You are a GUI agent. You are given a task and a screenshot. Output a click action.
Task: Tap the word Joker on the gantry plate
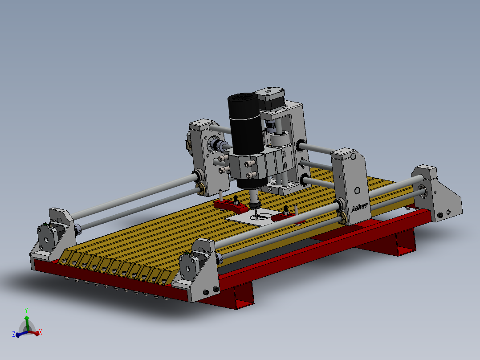[359, 207]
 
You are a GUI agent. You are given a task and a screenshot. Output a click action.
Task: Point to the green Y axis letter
[27, 310]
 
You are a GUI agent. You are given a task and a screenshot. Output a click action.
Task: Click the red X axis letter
[41, 332]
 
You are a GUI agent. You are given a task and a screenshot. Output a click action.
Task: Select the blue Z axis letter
[14, 333]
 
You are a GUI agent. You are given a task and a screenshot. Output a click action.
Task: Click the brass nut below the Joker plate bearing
[344, 218]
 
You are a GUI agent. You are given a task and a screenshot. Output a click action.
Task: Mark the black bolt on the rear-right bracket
[440, 215]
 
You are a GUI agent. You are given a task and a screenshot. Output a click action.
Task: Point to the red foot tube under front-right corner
[243, 299]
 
